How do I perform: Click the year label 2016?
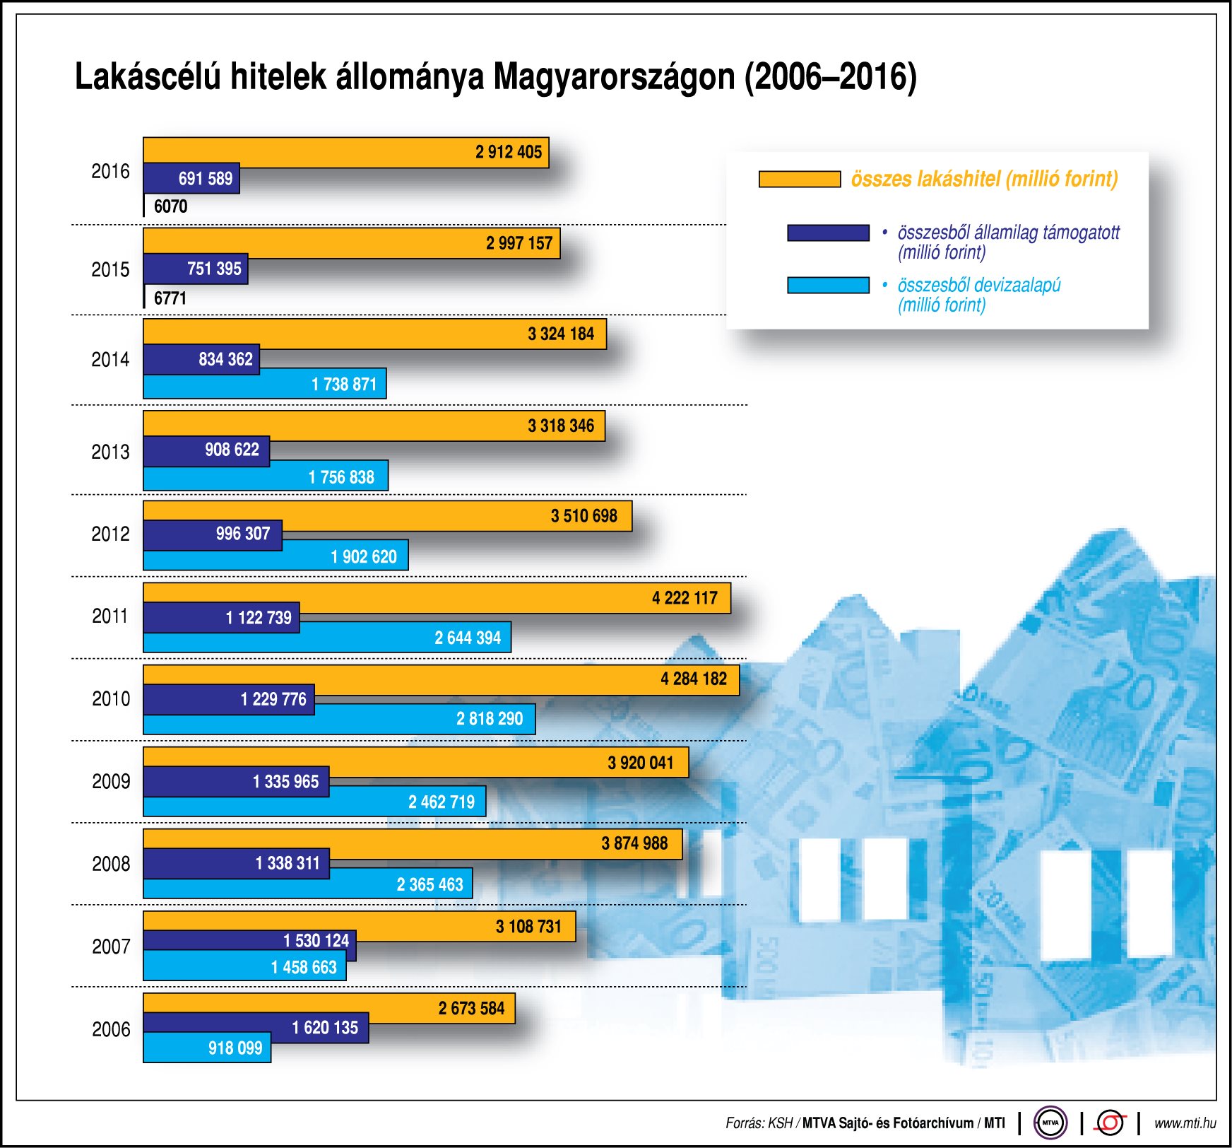point(110,171)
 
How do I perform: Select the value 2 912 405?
point(508,152)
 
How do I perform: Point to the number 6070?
point(170,206)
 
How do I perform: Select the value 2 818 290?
point(489,719)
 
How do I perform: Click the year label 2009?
point(111,781)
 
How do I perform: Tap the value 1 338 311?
point(288,863)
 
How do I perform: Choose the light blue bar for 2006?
point(177,1048)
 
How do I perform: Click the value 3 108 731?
point(528,926)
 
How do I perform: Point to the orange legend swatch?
point(799,179)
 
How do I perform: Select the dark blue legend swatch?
point(828,233)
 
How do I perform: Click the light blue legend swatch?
point(828,285)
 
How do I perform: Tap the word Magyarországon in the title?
point(615,76)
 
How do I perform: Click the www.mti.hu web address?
point(1185,1123)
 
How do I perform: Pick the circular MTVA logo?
point(1050,1123)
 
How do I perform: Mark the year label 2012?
point(110,534)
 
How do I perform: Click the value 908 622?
point(232,450)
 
